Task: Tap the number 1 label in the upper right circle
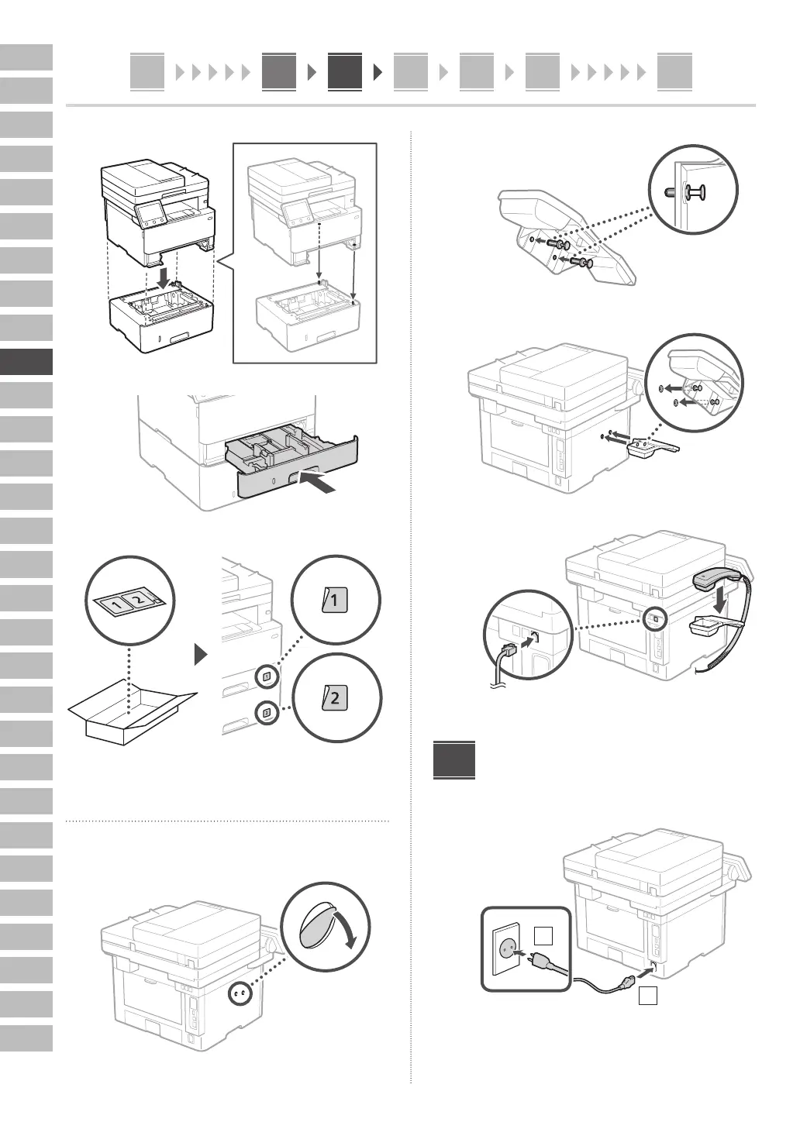pyautogui.click(x=335, y=600)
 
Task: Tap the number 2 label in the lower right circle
pyautogui.click(x=335, y=697)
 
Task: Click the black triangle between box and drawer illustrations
pyautogui.click(x=202, y=656)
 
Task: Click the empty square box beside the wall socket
pyautogui.click(x=544, y=936)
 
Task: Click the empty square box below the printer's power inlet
pyautogui.click(x=648, y=996)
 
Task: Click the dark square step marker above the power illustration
pyautogui.click(x=453, y=760)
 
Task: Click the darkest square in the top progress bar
pyautogui.click(x=344, y=71)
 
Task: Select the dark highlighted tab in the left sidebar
pyautogui.click(x=26, y=362)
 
